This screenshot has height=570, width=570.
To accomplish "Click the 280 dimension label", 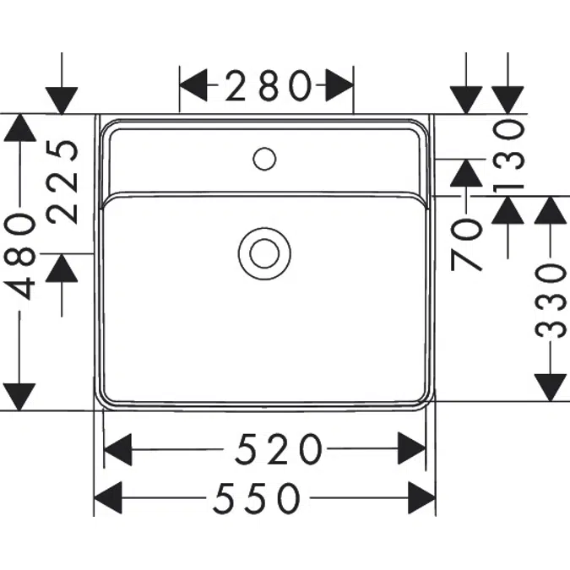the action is click(269, 85).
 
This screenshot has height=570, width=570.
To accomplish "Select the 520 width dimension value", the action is click(279, 449).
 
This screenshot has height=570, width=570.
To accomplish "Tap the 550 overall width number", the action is click(257, 498).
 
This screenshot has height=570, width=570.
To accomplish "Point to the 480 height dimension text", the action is click(19, 256).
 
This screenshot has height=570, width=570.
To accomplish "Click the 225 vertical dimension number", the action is click(62, 182).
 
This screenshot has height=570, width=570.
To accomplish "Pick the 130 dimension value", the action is click(509, 157).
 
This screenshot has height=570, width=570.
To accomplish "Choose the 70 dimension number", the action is click(466, 246).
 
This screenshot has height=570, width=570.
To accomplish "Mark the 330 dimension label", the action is click(551, 301).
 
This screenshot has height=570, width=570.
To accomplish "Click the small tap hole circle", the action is click(264, 159).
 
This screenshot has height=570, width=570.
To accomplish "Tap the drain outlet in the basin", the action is click(264, 253).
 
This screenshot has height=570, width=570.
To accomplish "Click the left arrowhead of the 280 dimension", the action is click(193, 85).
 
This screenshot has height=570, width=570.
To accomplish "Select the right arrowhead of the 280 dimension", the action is click(339, 85).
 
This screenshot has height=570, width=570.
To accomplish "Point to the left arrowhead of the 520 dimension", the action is click(117, 449).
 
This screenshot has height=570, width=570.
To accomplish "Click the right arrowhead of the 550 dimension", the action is click(422, 498).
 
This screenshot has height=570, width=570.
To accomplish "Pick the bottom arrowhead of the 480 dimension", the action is click(19, 397).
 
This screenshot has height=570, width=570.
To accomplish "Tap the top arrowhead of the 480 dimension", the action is click(19, 128).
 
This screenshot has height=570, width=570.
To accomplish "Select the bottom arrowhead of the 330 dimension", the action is click(551, 388).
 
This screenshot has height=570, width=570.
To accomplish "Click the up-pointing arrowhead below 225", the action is click(62, 268).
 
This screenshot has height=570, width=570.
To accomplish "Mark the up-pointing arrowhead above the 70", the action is click(466, 173).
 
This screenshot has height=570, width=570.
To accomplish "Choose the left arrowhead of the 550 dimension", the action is click(108, 498).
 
